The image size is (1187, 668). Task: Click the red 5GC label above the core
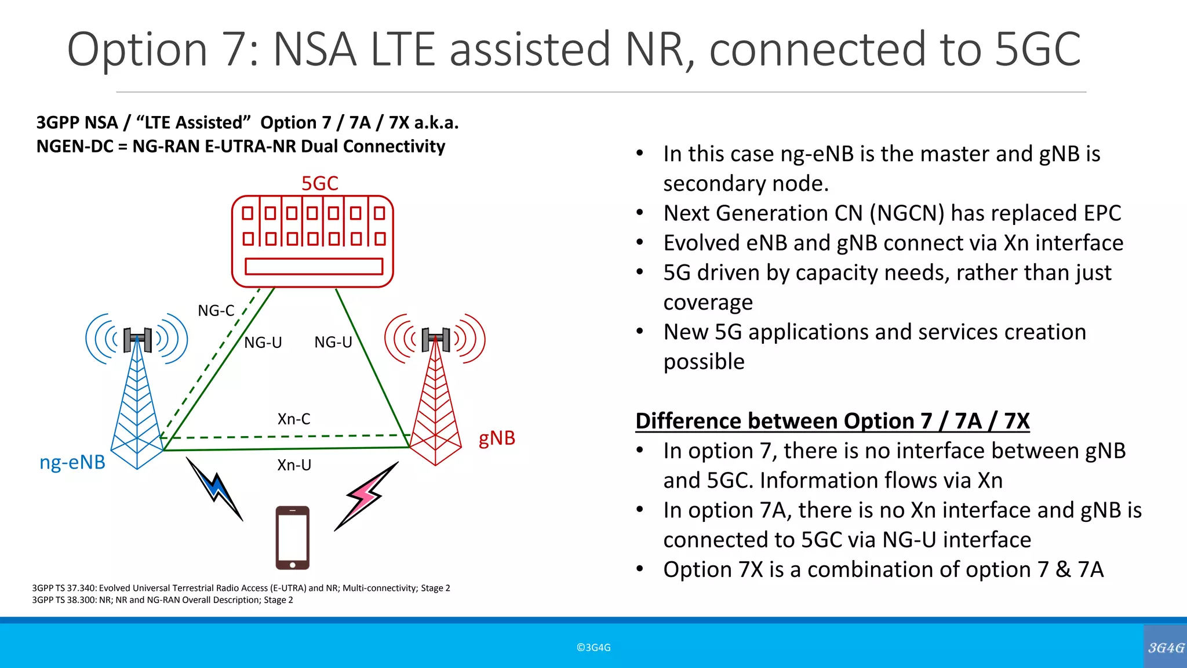click(319, 183)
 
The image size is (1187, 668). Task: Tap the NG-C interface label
click(216, 311)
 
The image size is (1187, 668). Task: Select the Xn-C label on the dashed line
click(294, 419)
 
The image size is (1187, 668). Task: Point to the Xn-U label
click(294, 465)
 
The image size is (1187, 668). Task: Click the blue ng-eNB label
click(72, 462)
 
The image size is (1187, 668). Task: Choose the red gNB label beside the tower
click(497, 438)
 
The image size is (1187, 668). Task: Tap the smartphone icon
click(292, 538)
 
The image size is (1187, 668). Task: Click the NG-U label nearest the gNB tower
click(333, 342)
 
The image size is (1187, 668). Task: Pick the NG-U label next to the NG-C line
click(263, 343)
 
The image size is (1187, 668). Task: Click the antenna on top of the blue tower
click(137, 339)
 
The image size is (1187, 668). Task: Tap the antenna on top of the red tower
click(436, 339)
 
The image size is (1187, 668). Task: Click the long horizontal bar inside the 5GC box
click(314, 266)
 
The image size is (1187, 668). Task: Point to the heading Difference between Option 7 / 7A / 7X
click(832, 421)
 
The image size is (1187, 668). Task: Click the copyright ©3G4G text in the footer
click(593, 648)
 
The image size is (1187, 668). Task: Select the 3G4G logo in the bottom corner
click(1166, 647)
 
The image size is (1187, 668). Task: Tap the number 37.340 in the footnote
click(81, 588)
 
